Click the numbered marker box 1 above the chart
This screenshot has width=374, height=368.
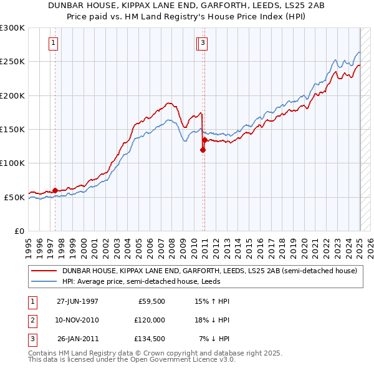(x=54, y=43)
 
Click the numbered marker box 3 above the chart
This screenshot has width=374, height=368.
(x=204, y=43)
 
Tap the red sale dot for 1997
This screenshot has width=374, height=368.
(x=55, y=190)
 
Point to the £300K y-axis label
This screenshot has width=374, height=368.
(x=12, y=28)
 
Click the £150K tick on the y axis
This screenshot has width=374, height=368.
(x=12, y=129)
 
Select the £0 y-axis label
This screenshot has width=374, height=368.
(x=19, y=231)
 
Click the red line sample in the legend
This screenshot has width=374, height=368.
(x=44, y=271)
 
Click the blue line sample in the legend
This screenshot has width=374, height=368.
(x=44, y=281)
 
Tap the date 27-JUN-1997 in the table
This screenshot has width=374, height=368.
(x=77, y=301)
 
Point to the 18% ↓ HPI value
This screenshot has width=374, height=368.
(x=213, y=320)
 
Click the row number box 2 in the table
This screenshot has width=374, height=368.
(x=31, y=320)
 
